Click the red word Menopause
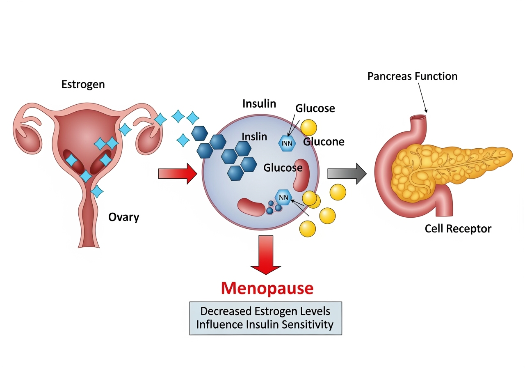[x=267, y=288]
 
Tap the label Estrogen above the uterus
[x=83, y=85]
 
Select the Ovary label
[x=123, y=217]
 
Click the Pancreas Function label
[x=412, y=76]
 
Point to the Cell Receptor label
[x=458, y=228]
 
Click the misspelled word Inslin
[x=254, y=136]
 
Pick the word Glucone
[x=324, y=142]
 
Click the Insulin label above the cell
[x=259, y=103]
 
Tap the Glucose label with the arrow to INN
[x=315, y=108]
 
